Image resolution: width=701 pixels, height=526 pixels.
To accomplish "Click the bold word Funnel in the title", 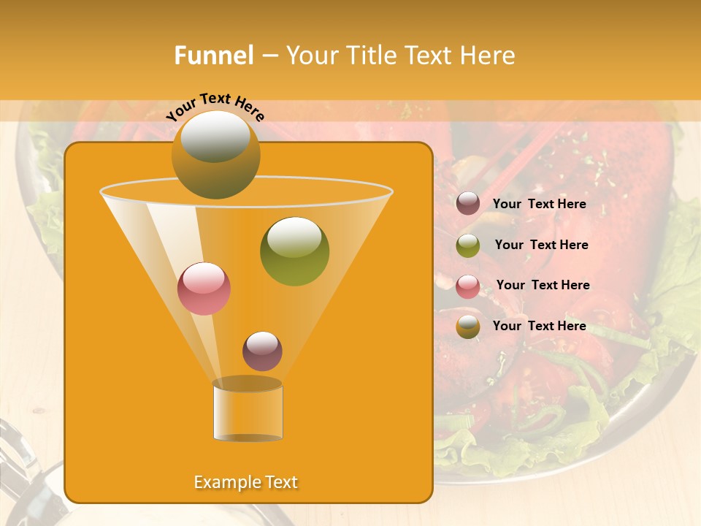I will tap(213, 56).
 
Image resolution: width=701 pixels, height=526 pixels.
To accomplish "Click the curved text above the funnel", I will tap(215, 107).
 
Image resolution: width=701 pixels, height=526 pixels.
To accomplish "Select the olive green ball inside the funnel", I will tap(294, 251).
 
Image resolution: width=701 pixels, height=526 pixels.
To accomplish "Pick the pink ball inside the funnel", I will tap(204, 289).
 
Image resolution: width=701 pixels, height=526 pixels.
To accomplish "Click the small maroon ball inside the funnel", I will tap(262, 351).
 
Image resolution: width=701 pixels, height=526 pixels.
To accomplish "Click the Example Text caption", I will tap(245, 482).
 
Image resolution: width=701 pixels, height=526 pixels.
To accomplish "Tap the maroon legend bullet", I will tap(468, 204).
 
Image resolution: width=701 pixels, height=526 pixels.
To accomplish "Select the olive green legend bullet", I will tap(468, 245).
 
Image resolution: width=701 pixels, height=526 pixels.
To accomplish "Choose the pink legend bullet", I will tap(468, 286).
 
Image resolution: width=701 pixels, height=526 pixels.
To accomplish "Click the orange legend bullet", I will tap(468, 327).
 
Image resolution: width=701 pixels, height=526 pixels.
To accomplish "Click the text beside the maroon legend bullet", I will tap(539, 204).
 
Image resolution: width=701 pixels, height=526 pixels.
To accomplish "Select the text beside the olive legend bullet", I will tap(541, 245).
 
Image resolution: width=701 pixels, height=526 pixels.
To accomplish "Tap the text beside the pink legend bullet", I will tap(543, 285).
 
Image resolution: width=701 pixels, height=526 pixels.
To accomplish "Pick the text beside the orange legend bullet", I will tap(539, 326).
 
